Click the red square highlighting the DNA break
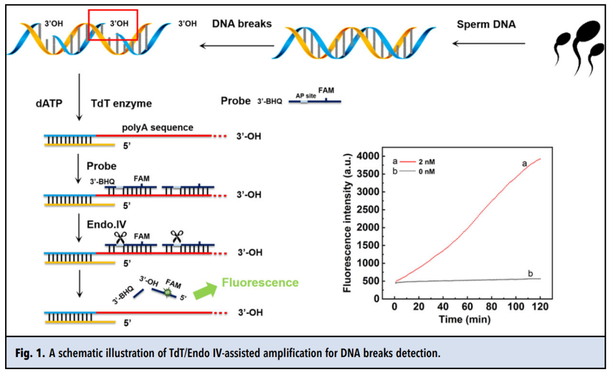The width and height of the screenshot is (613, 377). click(x=112, y=24)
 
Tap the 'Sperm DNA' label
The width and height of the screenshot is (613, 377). click(x=486, y=24)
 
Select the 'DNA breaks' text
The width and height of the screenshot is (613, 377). click(x=242, y=24)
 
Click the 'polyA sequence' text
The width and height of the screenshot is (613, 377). click(x=157, y=127)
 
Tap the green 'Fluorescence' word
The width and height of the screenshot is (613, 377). click(x=261, y=282)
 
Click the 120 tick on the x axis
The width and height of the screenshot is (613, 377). click(x=540, y=307)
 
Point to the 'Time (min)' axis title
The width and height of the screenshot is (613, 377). click(x=466, y=319)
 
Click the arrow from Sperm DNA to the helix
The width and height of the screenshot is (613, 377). click(x=489, y=43)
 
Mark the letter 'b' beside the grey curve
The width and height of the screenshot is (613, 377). click(x=530, y=274)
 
